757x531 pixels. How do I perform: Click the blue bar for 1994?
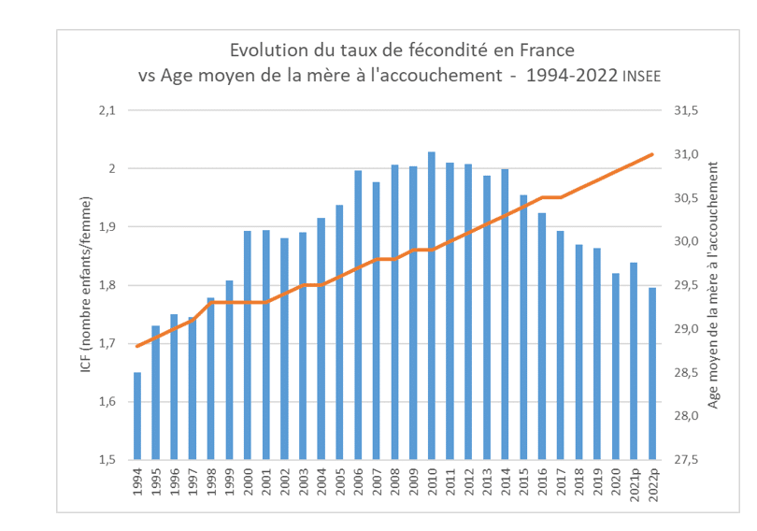click(x=137, y=416)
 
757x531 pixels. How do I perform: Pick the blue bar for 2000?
click(x=248, y=345)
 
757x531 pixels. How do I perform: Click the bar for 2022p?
click(x=651, y=374)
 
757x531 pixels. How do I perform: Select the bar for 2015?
click(x=522, y=327)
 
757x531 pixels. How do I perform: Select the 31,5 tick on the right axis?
click(x=685, y=110)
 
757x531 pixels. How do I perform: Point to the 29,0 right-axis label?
click(x=685, y=329)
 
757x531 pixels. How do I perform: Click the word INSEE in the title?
click(x=641, y=77)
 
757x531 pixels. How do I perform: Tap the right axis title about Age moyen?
click(x=715, y=284)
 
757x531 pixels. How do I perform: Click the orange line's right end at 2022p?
click(x=651, y=154)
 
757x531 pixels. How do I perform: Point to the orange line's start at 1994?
click(x=137, y=346)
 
